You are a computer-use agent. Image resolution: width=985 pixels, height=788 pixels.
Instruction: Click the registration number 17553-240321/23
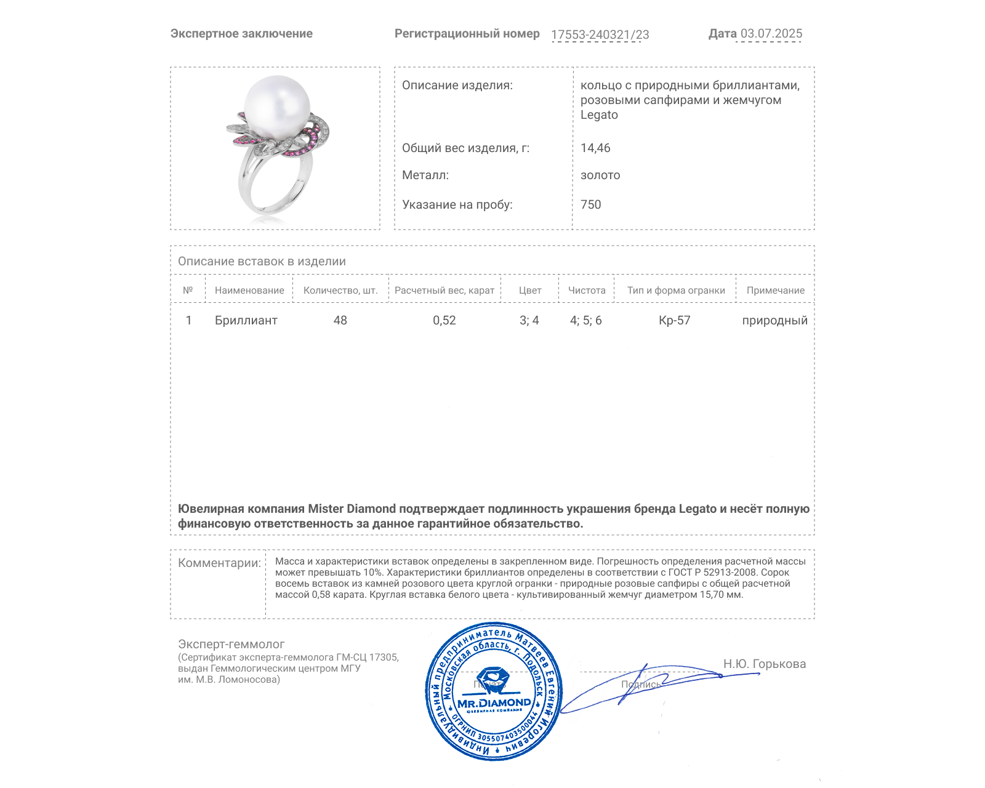tap(600, 35)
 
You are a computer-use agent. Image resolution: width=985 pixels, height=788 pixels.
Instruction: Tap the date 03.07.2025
tap(771, 34)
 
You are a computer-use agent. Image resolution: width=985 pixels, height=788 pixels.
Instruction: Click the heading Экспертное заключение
tap(241, 34)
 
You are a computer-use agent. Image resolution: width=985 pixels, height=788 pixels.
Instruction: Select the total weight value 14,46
tap(595, 148)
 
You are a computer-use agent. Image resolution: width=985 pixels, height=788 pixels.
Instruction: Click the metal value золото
tap(600, 175)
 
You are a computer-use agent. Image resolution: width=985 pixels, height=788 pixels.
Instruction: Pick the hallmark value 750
tap(590, 205)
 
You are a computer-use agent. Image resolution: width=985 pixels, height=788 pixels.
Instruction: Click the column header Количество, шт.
tap(340, 291)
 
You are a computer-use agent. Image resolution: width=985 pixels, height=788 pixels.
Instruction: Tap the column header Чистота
tap(587, 291)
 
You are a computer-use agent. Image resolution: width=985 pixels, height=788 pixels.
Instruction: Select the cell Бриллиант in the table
tap(246, 321)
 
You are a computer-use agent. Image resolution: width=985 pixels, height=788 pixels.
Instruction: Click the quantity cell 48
tap(340, 321)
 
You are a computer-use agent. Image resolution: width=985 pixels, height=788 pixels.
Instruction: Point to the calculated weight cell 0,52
tap(444, 321)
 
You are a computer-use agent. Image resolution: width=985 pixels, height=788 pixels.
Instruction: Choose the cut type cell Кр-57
tap(675, 321)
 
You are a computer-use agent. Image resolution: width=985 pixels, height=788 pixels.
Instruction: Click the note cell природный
tap(774, 321)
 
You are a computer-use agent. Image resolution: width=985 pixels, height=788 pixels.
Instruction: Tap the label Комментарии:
tap(219, 563)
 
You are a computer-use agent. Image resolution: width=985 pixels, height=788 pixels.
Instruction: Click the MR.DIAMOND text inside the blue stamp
tap(494, 703)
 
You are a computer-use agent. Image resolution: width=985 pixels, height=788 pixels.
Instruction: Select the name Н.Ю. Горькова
tap(764, 664)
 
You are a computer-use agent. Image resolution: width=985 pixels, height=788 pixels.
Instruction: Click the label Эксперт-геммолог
tap(231, 645)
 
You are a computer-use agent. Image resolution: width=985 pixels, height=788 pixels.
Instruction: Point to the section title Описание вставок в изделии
tap(262, 262)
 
